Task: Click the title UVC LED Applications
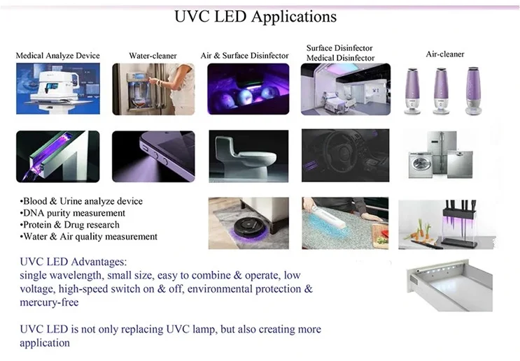(255, 16)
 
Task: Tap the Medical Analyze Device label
(58, 56)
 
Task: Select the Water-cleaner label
(153, 56)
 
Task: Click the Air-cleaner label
(445, 54)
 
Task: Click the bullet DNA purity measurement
(73, 213)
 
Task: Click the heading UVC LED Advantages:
(73, 261)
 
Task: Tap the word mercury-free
(49, 302)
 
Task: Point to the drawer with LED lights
(444, 286)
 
